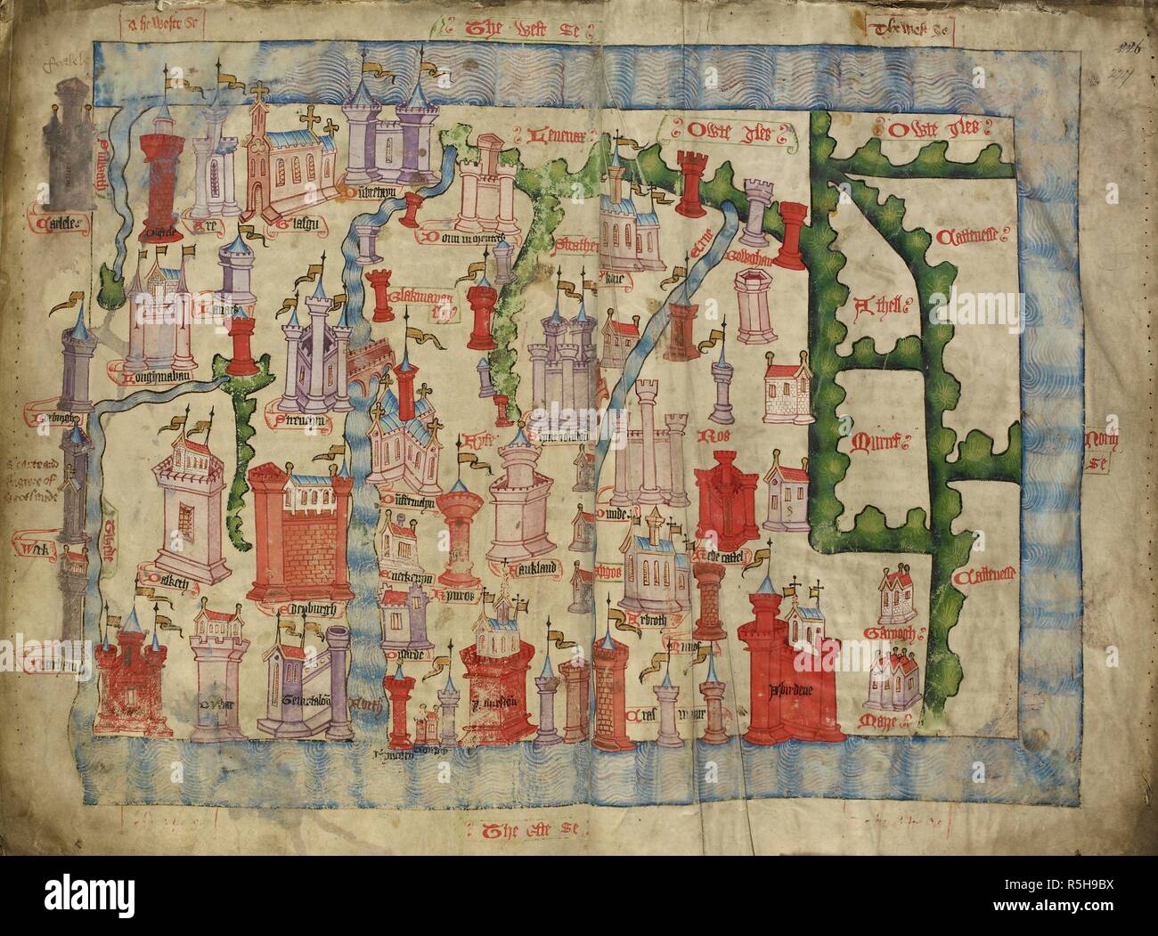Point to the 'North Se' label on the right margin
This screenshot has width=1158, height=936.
point(1103,446)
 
